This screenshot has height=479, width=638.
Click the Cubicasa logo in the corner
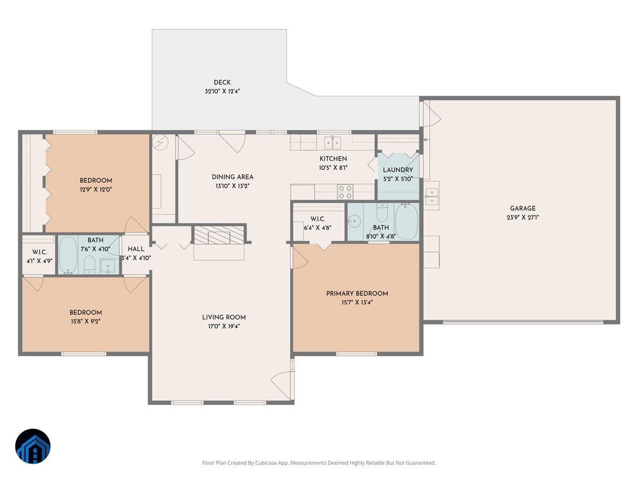[x=32, y=446]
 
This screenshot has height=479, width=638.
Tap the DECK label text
[x=222, y=82]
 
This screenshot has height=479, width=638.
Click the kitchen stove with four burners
[x=345, y=191]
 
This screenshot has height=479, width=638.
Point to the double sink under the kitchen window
[x=333, y=142]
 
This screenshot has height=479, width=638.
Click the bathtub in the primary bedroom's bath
[x=407, y=221]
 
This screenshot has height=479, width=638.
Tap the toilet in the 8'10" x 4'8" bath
[x=382, y=213]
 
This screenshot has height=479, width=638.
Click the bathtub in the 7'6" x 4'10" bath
[x=68, y=254]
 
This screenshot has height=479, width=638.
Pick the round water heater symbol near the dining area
[x=161, y=142]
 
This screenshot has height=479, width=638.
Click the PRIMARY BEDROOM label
[x=357, y=293]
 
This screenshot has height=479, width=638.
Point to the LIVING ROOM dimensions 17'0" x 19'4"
[x=224, y=326]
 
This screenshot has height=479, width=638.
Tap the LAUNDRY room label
[x=398, y=170]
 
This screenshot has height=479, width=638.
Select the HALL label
[x=136, y=249]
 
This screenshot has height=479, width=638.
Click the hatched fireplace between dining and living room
[x=218, y=235]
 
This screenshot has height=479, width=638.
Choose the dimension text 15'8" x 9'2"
[x=85, y=321]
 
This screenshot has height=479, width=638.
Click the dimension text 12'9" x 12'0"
[x=96, y=189]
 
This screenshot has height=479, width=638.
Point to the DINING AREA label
[x=232, y=177]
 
